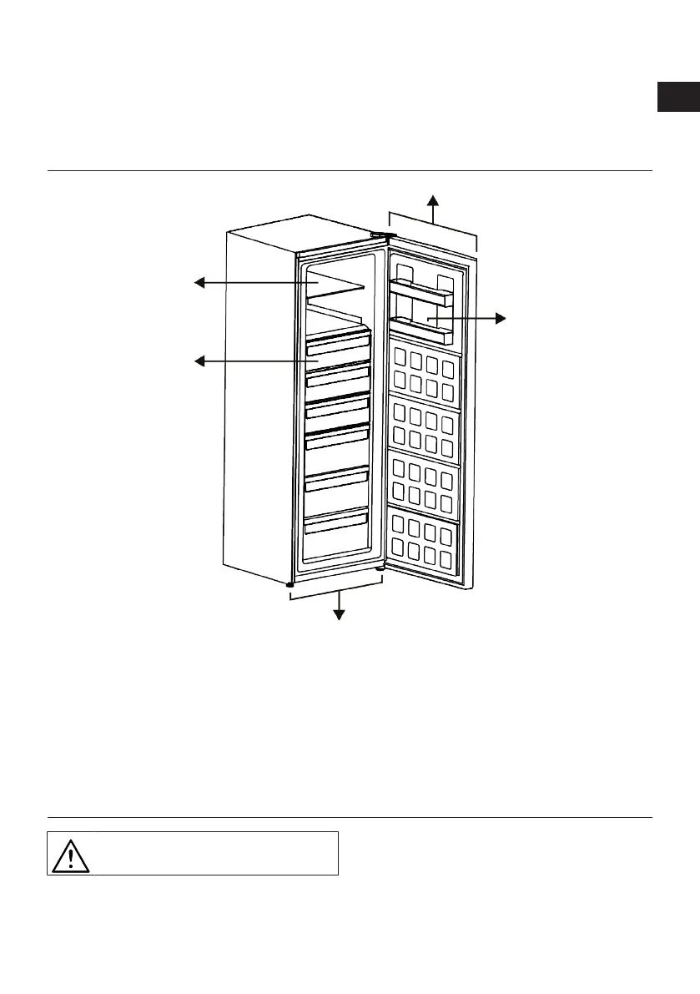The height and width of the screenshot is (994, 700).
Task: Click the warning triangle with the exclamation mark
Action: click(x=70, y=853)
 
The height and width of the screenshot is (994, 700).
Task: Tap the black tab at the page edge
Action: click(x=677, y=97)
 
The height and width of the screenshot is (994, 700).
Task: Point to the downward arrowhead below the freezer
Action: click(x=339, y=614)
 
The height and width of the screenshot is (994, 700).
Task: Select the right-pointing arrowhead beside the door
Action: click(x=500, y=318)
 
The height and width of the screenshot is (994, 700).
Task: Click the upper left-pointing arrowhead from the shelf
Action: click(x=199, y=284)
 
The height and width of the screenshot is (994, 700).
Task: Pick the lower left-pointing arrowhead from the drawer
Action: click(x=199, y=361)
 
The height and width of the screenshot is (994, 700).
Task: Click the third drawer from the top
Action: click(x=337, y=409)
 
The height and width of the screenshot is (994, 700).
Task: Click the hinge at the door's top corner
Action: click(x=380, y=235)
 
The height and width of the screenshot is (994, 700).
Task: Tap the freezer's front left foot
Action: click(x=290, y=585)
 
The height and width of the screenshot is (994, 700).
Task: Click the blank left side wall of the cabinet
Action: click(x=259, y=401)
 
